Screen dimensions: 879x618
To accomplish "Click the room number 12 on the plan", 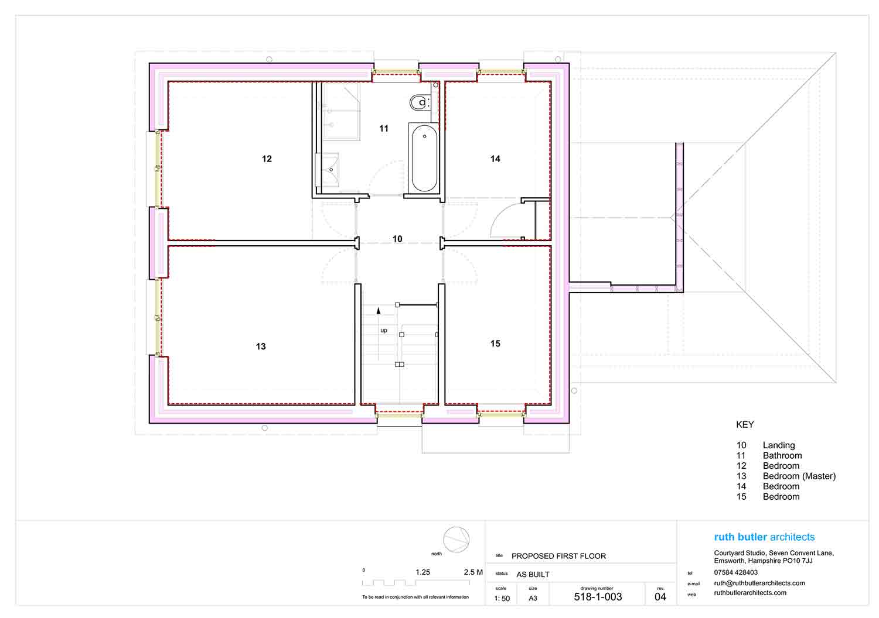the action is click(267, 159).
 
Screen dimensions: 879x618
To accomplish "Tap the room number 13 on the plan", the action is click(261, 346).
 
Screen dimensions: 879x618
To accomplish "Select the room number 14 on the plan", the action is click(495, 159).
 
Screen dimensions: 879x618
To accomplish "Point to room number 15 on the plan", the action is click(495, 344).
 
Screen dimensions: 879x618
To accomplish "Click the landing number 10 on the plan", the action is click(397, 239).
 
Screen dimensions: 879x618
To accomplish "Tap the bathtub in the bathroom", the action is click(424, 158).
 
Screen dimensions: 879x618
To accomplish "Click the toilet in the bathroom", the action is click(420, 102).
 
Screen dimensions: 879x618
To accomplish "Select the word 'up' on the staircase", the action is click(384, 331).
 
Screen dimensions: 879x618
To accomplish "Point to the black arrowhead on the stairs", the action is click(379, 311).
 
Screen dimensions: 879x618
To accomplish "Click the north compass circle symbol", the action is click(456, 540).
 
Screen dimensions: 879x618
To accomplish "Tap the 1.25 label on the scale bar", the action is click(423, 572).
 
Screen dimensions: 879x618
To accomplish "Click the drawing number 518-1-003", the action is click(598, 597).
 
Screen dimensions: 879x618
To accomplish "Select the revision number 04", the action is click(660, 597).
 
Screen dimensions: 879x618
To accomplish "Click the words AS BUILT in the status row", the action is click(533, 575).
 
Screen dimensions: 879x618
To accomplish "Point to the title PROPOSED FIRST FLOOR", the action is click(559, 556).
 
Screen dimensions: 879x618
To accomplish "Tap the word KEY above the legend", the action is click(745, 425).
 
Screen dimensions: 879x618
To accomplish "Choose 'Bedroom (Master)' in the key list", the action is click(799, 476).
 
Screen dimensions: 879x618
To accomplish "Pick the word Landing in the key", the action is click(779, 445).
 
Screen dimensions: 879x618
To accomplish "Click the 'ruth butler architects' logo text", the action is click(764, 537).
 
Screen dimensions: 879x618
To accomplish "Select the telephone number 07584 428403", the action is click(736, 572).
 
